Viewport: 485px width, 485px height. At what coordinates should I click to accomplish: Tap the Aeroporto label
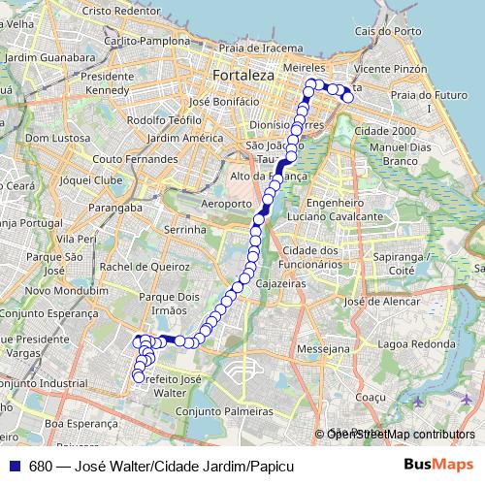tap(225, 204)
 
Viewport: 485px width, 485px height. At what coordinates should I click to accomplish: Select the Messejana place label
tap(323, 347)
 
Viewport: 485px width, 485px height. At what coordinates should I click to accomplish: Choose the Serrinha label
tap(186, 230)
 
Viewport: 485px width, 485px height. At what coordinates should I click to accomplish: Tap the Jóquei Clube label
tap(90, 180)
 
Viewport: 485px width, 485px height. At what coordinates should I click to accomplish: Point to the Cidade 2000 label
tap(386, 130)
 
